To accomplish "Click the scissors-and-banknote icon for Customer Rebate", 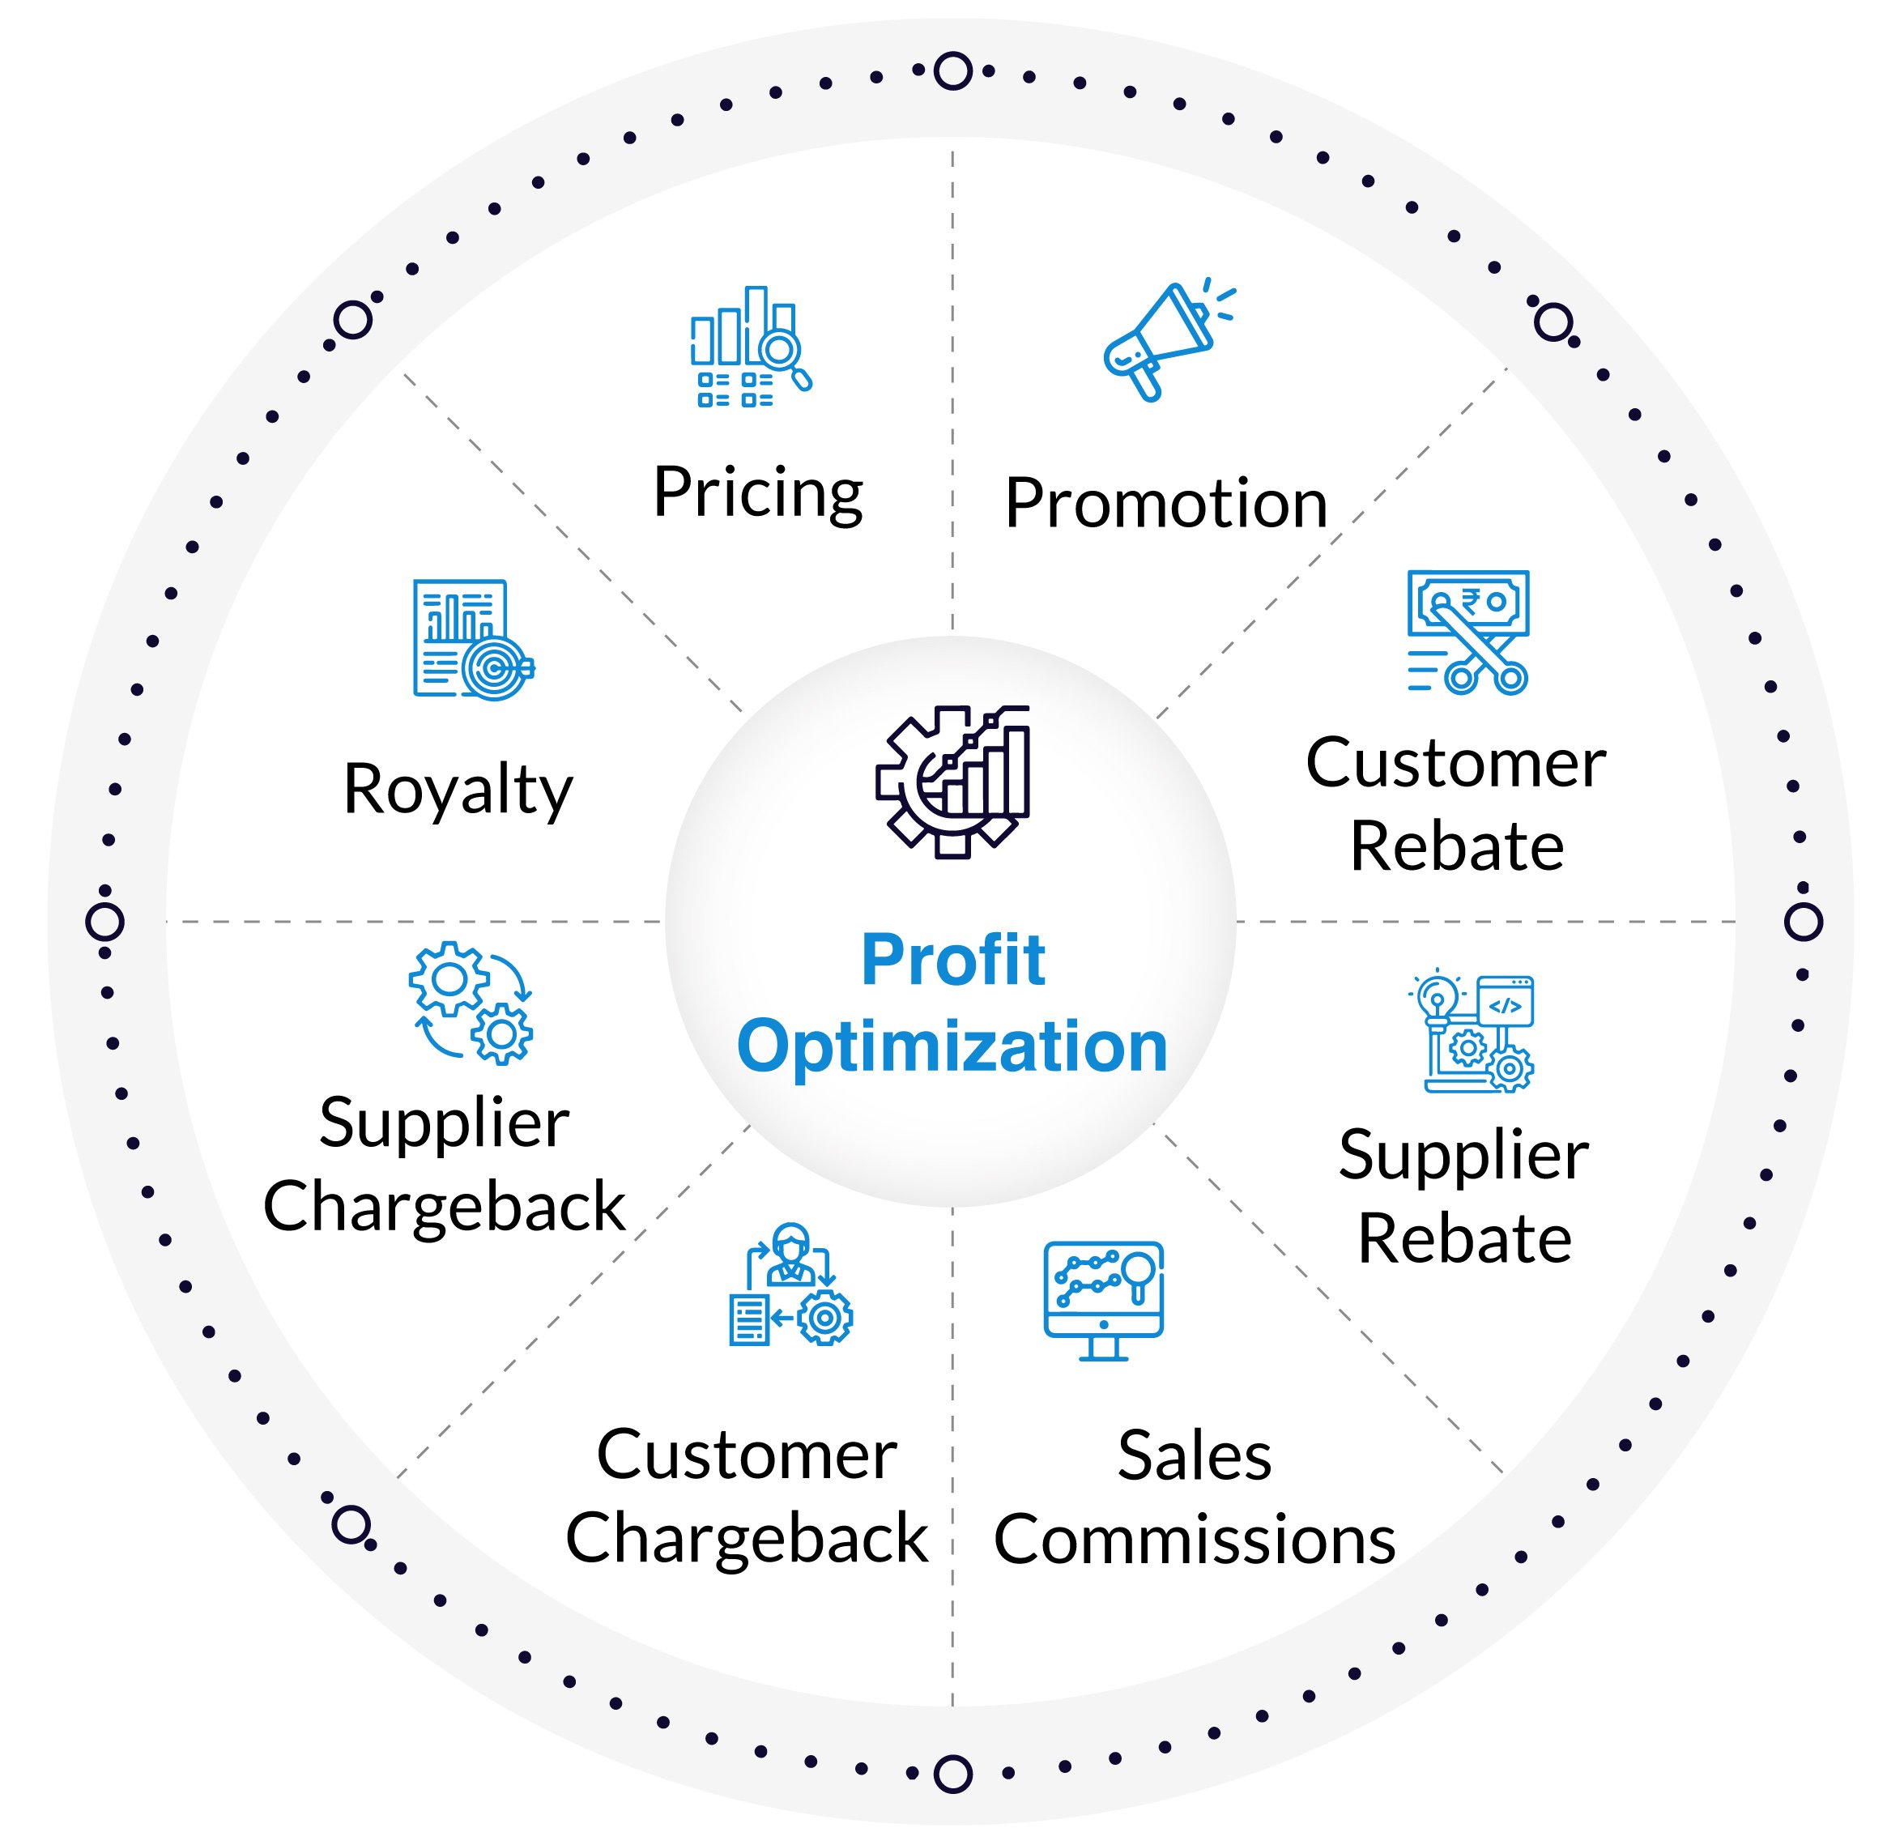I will pos(1467,632).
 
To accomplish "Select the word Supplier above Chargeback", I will pos(444,1125).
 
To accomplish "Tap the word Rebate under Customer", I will pos(1456,846).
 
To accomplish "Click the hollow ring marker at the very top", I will pos(952,71).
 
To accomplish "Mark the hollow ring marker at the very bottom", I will pos(952,1773).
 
